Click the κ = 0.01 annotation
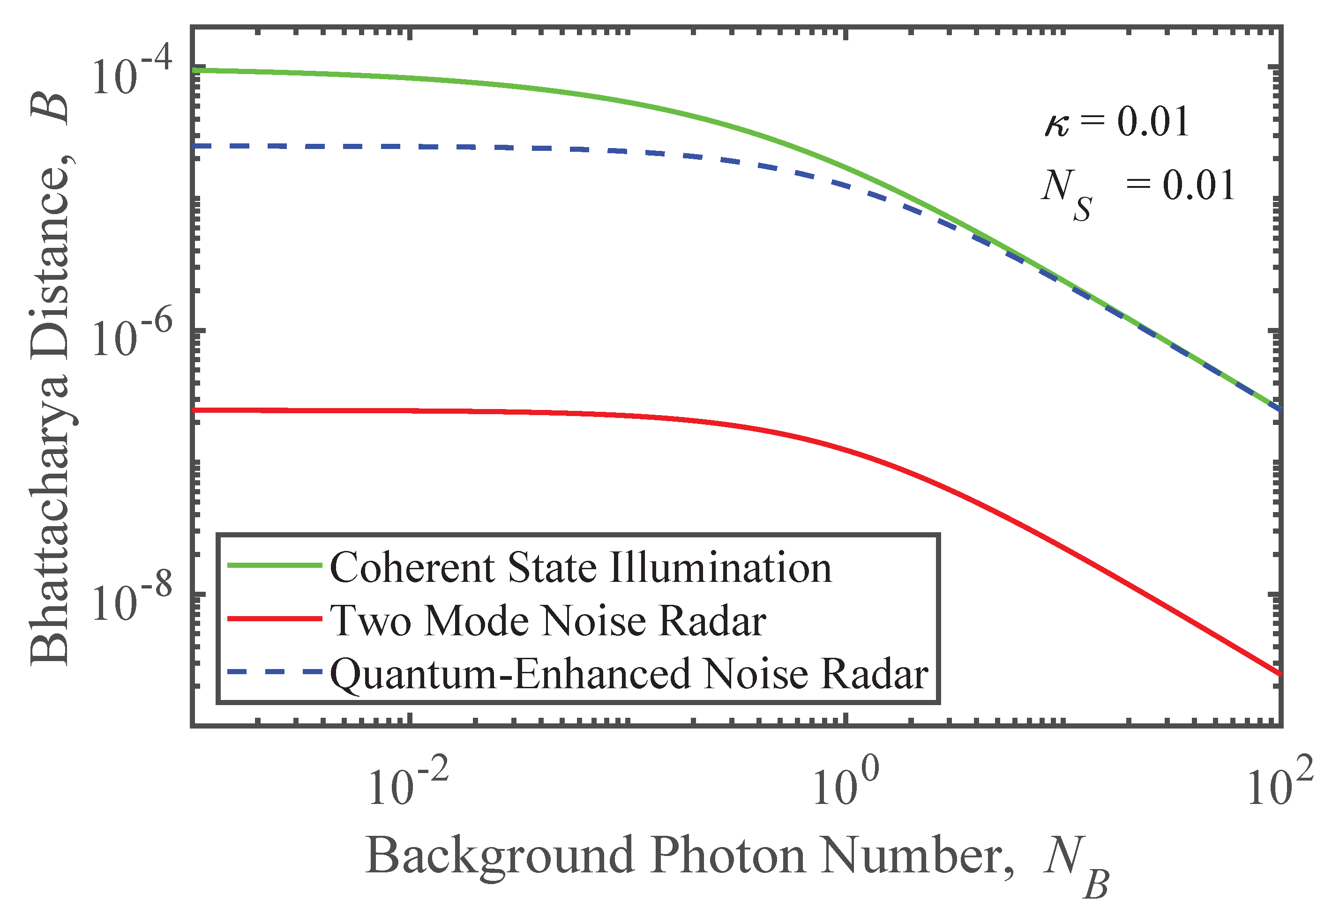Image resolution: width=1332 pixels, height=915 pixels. pyautogui.click(x=1116, y=123)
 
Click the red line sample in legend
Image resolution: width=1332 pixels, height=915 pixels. pyautogui.click(x=274, y=618)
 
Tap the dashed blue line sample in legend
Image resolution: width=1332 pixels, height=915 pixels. pyautogui.click(x=274, y=671)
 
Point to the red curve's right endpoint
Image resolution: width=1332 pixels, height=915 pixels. pyautogui.click(x=1279, y=674)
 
